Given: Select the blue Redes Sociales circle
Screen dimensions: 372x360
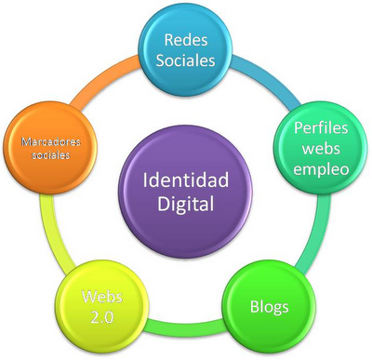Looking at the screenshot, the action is point(189,50).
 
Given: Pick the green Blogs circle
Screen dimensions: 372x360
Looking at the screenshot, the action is point(269,304).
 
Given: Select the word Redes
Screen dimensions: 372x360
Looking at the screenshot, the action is point(189,40).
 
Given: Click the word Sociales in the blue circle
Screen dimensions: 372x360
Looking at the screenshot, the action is point(189,61).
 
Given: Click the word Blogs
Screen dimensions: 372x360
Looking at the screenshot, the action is point(269,306).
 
